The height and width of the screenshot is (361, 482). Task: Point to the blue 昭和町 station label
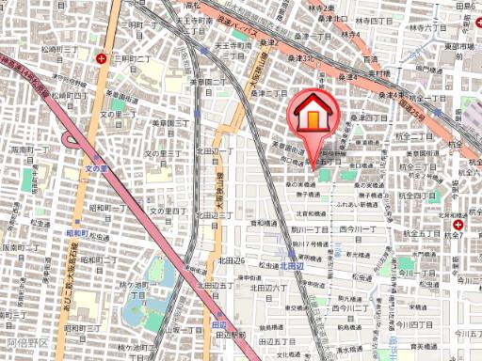(75, 232)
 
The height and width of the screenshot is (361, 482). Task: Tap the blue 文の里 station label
(98, 167)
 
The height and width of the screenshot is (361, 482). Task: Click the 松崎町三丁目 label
(57, 44)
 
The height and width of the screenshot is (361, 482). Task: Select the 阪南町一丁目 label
(28, 149)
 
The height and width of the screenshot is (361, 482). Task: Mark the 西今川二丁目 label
(352, 309)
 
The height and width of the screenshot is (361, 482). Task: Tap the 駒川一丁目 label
(308, 228)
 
